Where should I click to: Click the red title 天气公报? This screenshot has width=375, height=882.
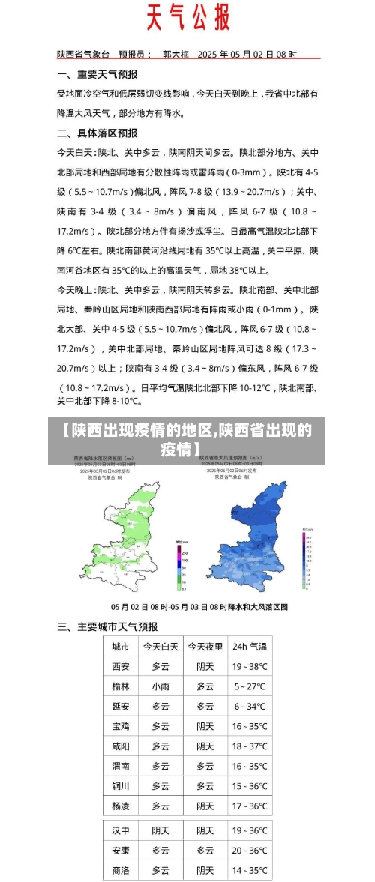pos(187,17)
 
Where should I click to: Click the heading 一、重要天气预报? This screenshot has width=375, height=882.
pos(97,74)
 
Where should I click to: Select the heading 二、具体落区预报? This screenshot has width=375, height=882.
pos(97,133)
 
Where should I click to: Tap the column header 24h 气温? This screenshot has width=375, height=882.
pos(250,646)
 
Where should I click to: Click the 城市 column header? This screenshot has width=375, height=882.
pos(120,646)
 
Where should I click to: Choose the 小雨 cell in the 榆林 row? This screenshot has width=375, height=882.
pos(160,686)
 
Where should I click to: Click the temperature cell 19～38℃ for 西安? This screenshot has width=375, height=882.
pos(250,666)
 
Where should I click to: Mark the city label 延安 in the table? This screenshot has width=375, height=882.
pos(120,706)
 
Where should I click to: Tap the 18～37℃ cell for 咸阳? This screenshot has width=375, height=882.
pos(250,746)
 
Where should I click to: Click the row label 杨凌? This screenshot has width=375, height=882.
pos(120,806)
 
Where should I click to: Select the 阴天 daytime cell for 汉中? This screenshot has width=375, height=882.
pos(160,830)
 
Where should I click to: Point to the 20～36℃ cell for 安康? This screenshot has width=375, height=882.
pos(250,851)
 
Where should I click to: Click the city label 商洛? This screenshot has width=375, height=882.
pos(120,870)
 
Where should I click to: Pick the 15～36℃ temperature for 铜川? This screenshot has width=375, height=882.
pos(250,786)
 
